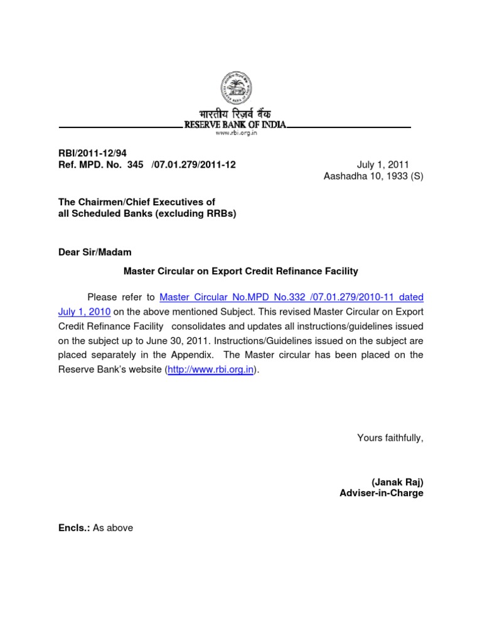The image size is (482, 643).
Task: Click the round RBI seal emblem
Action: [x=233, y=88]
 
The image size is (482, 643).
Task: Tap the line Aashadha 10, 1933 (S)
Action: [x=373, y=176]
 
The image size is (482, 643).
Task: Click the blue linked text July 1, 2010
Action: [x=85, y=311]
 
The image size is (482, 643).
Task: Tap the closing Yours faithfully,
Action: [x=390, y=438]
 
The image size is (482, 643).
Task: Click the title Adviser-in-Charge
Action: [x=382, y=494]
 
